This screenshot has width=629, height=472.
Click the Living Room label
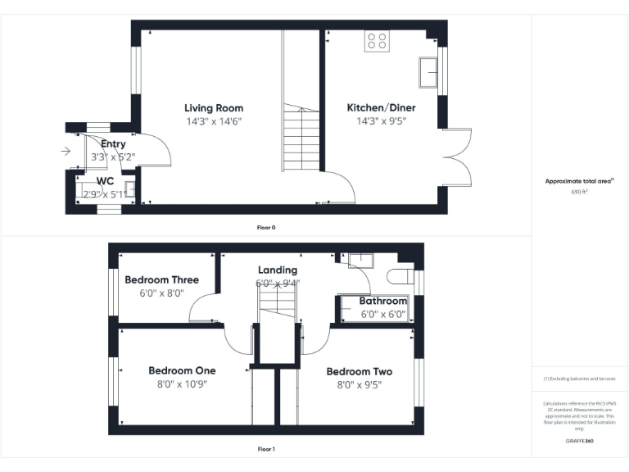click(213, 108)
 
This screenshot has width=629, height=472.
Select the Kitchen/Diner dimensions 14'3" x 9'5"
click(381, 121)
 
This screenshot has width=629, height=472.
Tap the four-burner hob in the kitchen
click(377, 40)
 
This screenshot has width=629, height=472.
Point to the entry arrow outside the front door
click(66, 151)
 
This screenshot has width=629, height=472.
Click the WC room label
click(105, 181)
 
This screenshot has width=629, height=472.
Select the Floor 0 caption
click(266, 226)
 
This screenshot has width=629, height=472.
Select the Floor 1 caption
click(266, 449)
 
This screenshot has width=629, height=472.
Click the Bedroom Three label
click(161, 279)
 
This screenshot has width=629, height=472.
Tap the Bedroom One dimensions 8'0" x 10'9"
click(182, 384)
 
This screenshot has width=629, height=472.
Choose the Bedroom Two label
click(359, 371)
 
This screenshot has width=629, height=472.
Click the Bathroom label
click(382, 302)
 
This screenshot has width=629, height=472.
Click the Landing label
click(278, 270)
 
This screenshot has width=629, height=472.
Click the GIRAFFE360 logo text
click(579, 441)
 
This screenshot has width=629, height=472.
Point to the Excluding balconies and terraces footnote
click(579, 379)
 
